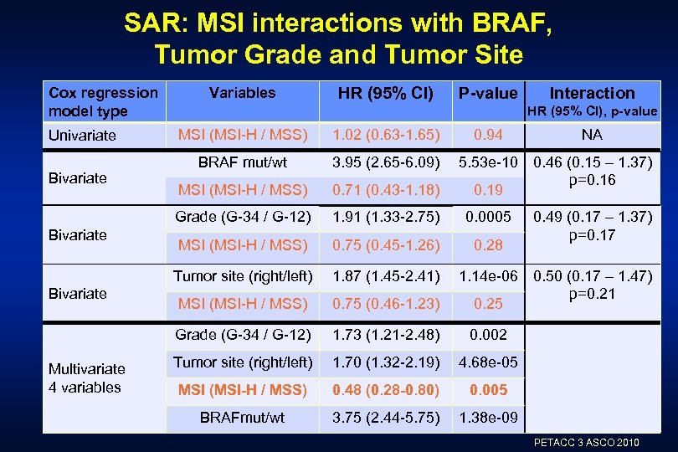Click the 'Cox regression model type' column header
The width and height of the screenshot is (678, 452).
(102, 101)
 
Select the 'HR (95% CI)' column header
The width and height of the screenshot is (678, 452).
(385, 93)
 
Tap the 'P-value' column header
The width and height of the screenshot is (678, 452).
(488, 94)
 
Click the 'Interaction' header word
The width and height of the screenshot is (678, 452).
(592, 93)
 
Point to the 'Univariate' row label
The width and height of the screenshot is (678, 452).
(82, 135)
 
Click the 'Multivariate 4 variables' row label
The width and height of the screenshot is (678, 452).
(86, 378)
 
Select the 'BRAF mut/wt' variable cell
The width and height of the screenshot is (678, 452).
(242, 162)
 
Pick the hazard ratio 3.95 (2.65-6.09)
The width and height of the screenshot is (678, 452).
(385, 162)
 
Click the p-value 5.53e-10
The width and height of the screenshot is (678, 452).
(488, 162)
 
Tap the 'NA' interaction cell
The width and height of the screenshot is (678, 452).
(592, 134)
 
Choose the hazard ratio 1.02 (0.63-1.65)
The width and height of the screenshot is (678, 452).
(385, 134)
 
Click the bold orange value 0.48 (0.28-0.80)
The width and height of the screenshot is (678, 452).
(385, 389)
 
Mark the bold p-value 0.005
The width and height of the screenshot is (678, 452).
(488, 389)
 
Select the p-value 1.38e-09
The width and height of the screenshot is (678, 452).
(488, 417)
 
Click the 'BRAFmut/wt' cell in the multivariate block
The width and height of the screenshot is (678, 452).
(242, 417)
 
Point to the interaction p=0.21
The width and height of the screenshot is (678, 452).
(592, 294)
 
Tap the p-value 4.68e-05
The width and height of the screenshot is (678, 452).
(488, 362)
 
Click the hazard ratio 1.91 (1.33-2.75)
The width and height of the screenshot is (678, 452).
(385, 218)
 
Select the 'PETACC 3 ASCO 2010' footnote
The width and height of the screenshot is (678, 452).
(586, 442)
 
